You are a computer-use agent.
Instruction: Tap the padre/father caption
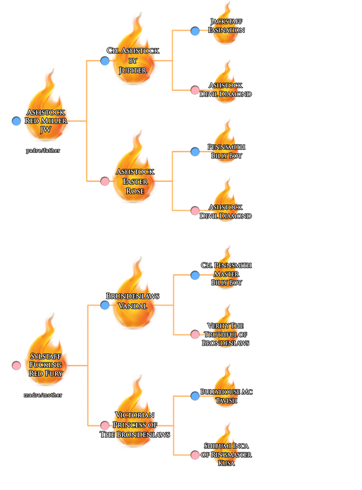pyautogui.click(x=43, y=151)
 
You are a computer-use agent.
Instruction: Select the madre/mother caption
pyautogui.click(x=43, y=395)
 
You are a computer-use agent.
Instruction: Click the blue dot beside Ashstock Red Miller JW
pyautogui.click(x=16, y=121)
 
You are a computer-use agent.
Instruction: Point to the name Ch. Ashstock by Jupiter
pyautogui.click(x=133, y=60)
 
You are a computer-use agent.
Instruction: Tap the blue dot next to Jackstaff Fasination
pyautogui.click(x=195, y=31)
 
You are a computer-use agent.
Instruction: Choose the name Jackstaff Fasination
pyautogui.click(x=226, y=26)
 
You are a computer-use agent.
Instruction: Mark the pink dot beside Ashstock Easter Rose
pyautogui.click(x=105, y=181)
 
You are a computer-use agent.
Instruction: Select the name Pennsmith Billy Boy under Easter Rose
pyautogui.click(x=226, y=151)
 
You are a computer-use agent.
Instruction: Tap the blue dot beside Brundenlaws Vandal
pyautogui.click(x=105, y=305)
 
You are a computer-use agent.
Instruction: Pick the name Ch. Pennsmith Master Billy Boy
pyautogui.click(x=226, y=274)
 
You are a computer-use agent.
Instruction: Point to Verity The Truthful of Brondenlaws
pyautogui.click(x=226, y=334)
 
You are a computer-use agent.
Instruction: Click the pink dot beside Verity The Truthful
pyautogui.click(x=195, y=334)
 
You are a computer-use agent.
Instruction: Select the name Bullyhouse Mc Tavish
pyautogui.click(x=226, y=396)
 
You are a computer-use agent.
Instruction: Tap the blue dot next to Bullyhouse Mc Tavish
pyautogui.click(x=195, y=396)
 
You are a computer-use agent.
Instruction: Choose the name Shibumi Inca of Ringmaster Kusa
pyautogui.click(x=226, y=454)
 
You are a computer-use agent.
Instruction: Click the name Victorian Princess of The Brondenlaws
pyautogui.click(x=135, y=425)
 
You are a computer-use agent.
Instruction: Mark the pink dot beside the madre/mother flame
pyautogui.click(x=16, y=366)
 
